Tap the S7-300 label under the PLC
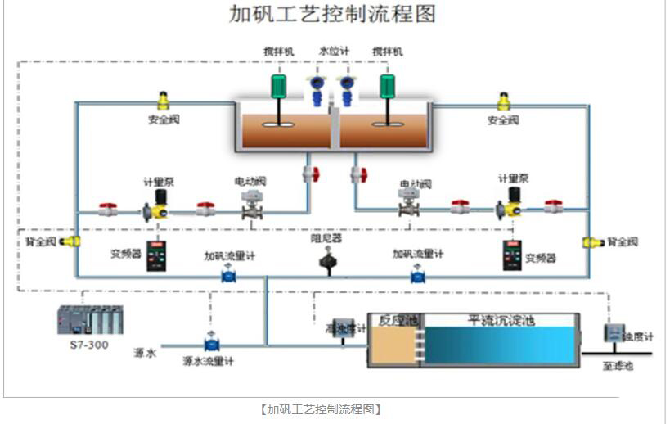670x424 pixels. (x=89, y=345)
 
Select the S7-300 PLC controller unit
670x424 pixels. (x=89, y=320)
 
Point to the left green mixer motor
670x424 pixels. (x=278, y=84)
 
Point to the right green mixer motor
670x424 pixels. (x=386, y=84)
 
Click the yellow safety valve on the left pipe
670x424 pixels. (x=164, y=101)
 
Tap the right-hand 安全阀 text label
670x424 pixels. (x=503, y=120)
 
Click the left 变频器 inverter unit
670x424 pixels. (x=156, y=255)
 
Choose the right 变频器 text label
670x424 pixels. (x=541, y=258)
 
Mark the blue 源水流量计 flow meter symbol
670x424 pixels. (x=211, y=344)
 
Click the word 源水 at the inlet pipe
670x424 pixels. (x=144, y=353)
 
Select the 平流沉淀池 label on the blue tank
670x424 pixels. (x=501, y=321)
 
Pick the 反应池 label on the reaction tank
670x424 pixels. (x=393, y=321)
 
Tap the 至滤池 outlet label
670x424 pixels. (x=618, y=366)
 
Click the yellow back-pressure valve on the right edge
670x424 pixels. (x=590, y=242)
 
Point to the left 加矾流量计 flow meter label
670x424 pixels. (x=229, y=256)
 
